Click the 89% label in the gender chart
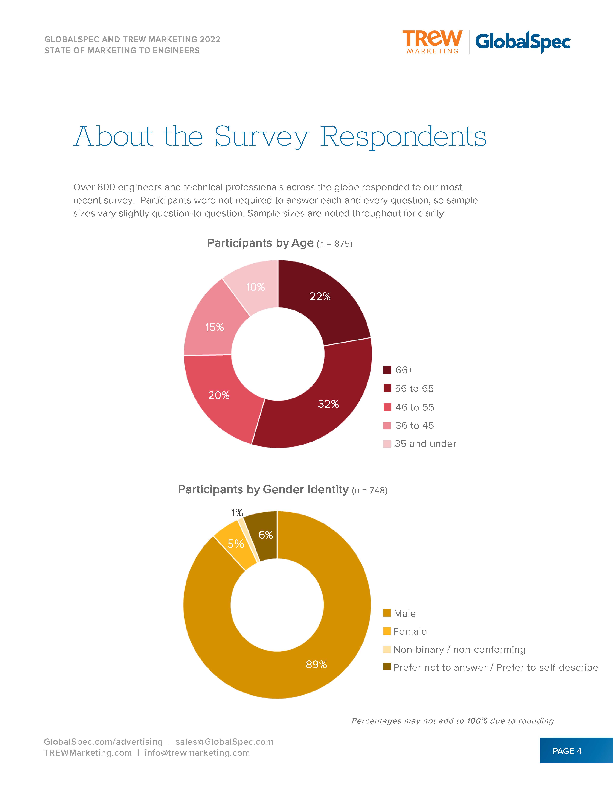click(x=316, y=664)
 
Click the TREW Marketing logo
click(x=432, y=42)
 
